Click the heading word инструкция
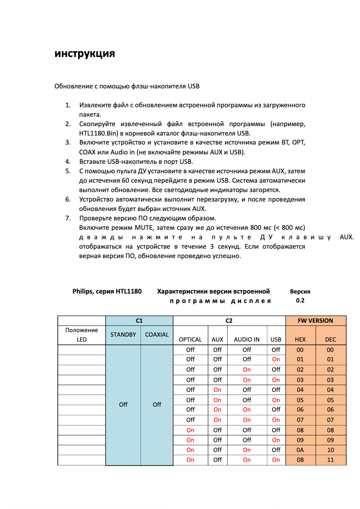(85, 54)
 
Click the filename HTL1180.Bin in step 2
(97, 133)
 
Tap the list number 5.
(68, 171)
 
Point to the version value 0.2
(300, 300)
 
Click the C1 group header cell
(139, 320)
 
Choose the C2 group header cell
(229, 320)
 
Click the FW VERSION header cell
(316, 320)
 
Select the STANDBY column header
(123, 334)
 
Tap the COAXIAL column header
(157, 334)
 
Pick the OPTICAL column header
(190, 339)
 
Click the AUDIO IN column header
(246, 339)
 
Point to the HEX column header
(300, 339)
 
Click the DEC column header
(330, 339)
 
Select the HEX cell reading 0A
(300, 450)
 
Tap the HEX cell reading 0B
(300, 460)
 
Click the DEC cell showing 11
(330, 460)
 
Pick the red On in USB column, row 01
(276, 359)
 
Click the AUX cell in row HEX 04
(217, 390)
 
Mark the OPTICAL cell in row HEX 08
(190, 430)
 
